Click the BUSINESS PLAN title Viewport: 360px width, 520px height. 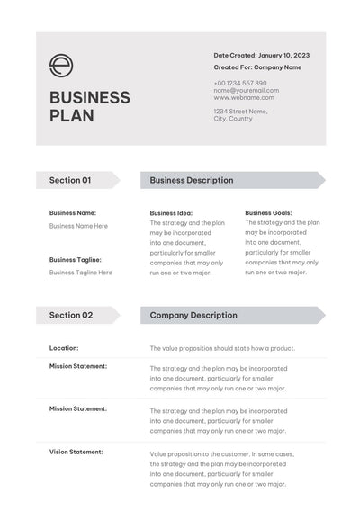89,106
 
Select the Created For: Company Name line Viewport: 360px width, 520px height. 257,67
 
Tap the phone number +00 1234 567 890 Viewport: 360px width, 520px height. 240,83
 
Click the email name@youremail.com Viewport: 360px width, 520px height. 246,90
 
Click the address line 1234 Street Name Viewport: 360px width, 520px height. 240,111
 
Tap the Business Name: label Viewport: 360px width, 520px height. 73,213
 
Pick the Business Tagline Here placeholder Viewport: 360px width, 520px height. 81,272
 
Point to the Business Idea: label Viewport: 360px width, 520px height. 171,213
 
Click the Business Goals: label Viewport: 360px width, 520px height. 268,213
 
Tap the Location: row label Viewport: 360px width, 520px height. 64,347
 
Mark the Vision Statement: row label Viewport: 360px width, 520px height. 76,452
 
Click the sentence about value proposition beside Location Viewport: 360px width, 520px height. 222,348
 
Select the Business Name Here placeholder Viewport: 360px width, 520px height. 78,226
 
